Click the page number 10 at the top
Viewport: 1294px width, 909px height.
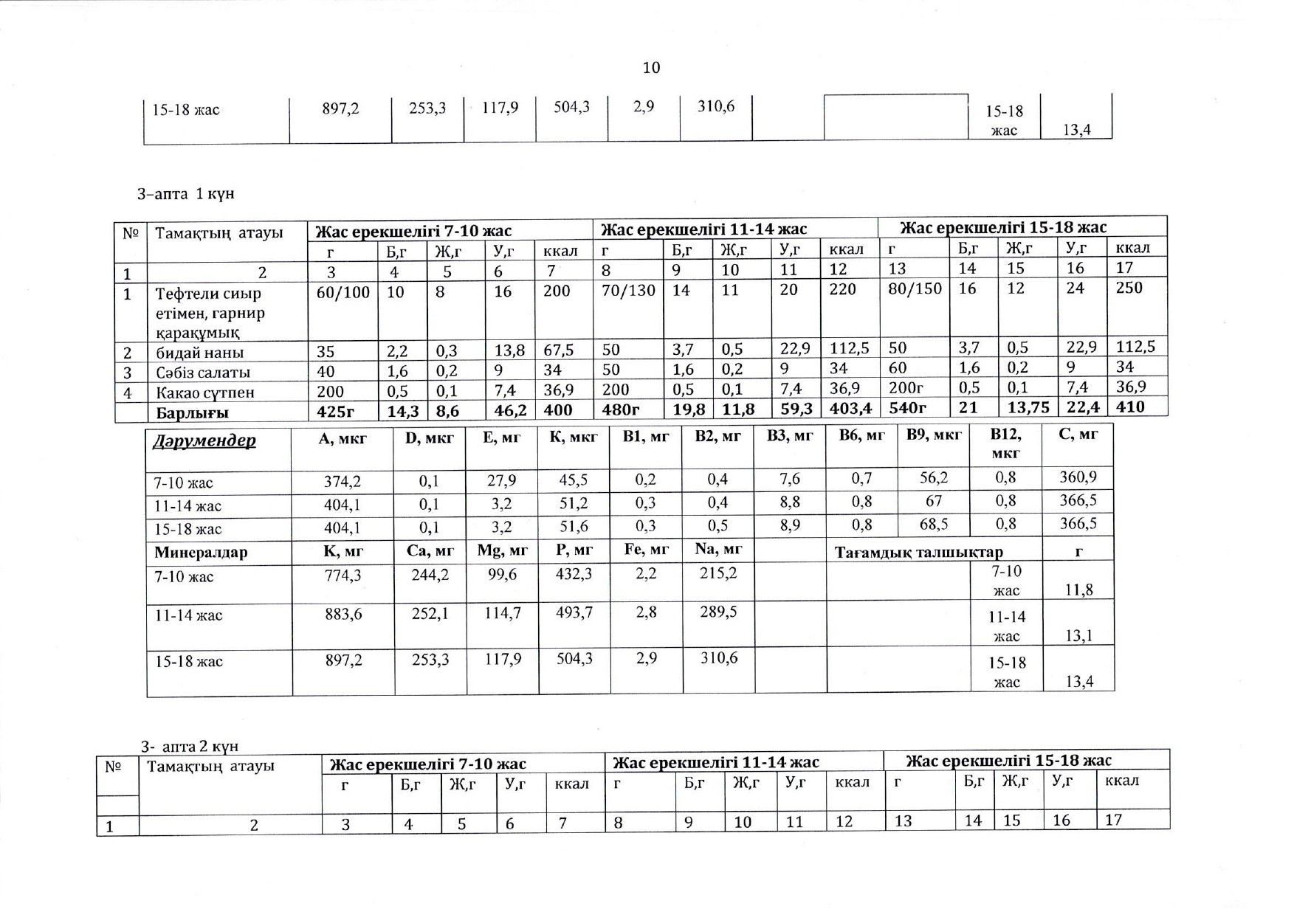pos(651,68)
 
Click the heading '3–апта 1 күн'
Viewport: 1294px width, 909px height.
pos(185,194)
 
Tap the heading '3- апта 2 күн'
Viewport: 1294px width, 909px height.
pos(190,746)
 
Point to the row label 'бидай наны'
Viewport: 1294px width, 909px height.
pos(199,353)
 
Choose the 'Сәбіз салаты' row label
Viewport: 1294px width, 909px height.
pos(203,373)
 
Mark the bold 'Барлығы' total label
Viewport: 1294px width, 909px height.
pos(192,412)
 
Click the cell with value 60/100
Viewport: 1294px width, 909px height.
pos(343,292)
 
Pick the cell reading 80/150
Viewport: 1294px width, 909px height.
pos(915,288)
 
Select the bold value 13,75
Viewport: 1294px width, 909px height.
pos(1028,407)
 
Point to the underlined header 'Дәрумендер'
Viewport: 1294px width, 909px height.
pos(204,440)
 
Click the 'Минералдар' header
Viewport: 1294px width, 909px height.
pos(201,552)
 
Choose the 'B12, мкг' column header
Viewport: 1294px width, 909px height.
pos(1005,443)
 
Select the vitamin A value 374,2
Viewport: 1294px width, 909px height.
pos(343,481)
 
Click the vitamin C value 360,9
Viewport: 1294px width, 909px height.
pos(1078,477)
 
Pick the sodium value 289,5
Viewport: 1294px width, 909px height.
pos(718,612)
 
